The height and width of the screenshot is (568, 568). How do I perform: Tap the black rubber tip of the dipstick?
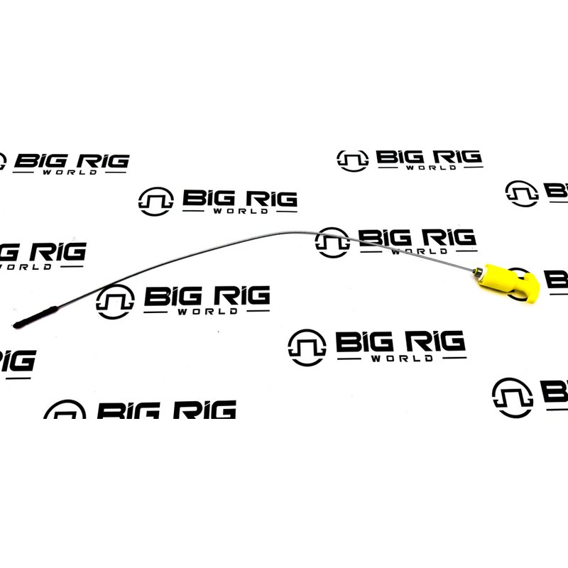[35, 317]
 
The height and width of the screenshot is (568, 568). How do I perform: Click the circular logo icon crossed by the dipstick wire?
[332, 242]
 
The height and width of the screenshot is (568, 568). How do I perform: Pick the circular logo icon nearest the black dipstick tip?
[115, 302]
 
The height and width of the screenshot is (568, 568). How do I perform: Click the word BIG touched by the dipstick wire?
[386, 237]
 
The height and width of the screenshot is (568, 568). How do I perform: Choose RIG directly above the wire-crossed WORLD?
[449, 237]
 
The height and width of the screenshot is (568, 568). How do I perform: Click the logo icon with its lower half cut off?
[65, 410]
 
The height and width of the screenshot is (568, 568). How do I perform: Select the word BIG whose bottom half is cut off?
[129, 410]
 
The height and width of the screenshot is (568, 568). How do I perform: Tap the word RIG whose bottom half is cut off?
[204, 410]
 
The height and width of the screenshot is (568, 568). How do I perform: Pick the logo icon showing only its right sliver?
[3, 162]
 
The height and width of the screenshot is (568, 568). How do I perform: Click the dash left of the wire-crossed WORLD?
[371, 251]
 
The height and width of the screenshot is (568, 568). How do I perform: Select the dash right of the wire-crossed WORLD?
[466, 251]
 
